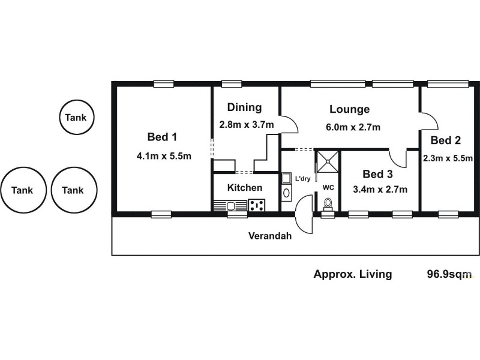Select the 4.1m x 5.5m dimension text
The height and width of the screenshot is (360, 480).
[164, 156]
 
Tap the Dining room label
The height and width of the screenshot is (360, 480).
[244, 107]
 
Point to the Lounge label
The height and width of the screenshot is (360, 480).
[349, 109]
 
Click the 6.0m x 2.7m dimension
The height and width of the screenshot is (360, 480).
[353, 127]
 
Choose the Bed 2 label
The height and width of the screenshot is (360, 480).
[446, 140]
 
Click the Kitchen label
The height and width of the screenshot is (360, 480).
[244, 188]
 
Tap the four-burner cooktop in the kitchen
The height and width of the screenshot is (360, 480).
[257, 205]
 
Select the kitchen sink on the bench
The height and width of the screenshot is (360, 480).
[230, 205]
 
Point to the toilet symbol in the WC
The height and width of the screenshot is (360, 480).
[328, 204]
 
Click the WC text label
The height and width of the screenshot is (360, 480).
[328, 187]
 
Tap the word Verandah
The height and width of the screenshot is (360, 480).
[270, 236]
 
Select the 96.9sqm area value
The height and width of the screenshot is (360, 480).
[449, 274]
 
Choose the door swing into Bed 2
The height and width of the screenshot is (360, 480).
[428, 121]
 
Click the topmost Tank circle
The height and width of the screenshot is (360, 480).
[77, 118]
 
